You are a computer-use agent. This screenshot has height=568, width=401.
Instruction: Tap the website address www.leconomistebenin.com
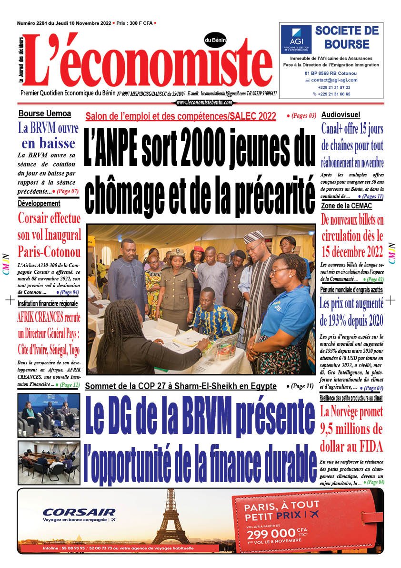(x=204, y=103)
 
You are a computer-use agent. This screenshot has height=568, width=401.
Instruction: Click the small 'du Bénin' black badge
(x=215, y=40)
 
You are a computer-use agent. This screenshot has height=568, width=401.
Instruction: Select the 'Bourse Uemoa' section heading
(x=45, y=114)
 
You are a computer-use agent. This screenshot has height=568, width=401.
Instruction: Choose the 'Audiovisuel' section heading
(x=341, y=114)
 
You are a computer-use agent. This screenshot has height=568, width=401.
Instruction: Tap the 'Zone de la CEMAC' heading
(x=346, y=206)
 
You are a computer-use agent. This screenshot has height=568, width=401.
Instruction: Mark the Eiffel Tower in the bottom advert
(x=170, y=517)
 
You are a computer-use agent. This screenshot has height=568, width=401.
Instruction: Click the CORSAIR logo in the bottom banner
(x=79, y=513)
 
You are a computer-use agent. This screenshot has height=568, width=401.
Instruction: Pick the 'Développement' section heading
(x=39, y=204)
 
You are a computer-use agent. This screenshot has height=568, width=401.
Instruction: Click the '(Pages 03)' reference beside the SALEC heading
(x=301, y=115)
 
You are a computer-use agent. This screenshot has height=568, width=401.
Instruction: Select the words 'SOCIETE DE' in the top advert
(x=347, y=31)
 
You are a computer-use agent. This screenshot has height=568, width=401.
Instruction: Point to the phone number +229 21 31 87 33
(x=334, y=87)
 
